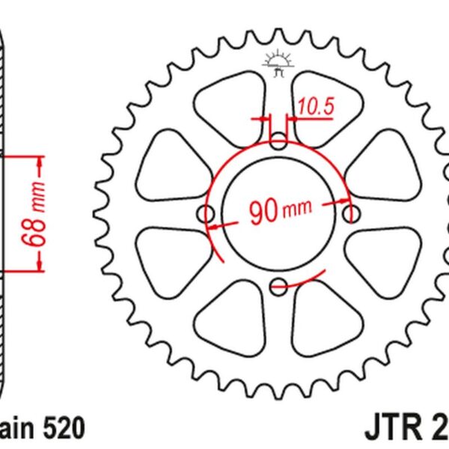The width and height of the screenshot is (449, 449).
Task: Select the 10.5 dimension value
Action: click(314, 108)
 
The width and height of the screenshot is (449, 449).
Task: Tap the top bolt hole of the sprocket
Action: click(278, 142)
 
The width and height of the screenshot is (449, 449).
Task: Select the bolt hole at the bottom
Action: click(278, 284)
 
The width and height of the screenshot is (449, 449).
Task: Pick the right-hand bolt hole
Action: click(350, 215)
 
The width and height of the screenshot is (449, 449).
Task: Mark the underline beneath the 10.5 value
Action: click(314, 119)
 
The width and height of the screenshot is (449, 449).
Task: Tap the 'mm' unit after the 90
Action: click(297, 215)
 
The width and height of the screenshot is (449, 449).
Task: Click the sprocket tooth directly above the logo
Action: click(278, 37)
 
